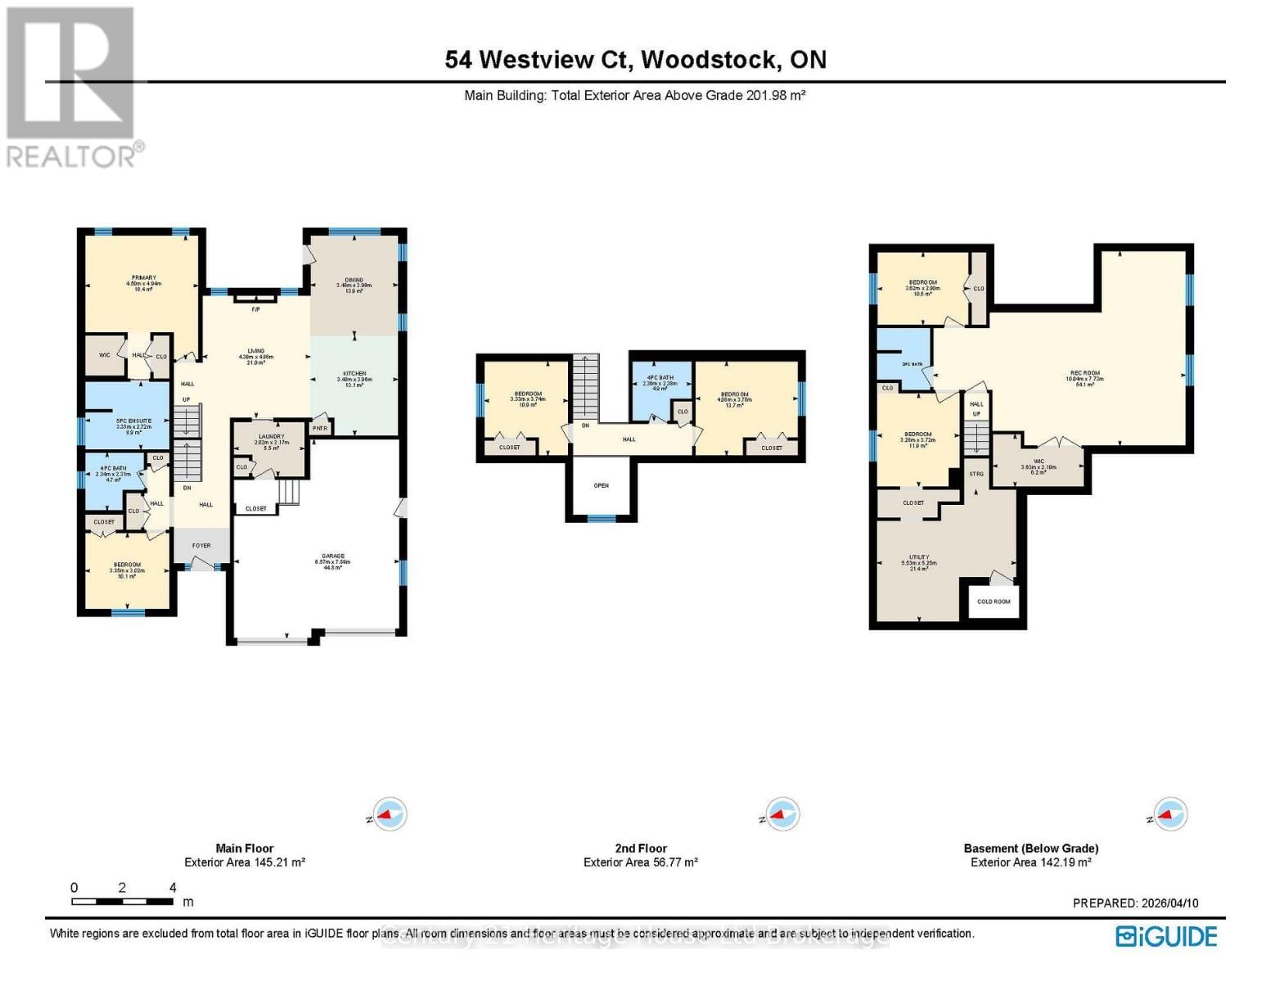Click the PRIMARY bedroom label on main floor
click(143, 278)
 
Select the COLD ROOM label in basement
click(994, 601)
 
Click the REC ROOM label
click(1084, 373)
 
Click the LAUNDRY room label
click(271, 437)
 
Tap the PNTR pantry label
click(320, 428)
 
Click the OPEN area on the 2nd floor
click(602, 485)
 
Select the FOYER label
click(201, 546)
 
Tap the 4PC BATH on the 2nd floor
click(660, 378)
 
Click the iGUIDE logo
click(1166, 936)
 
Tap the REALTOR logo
click(72, 86)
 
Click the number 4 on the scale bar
click(173, 888)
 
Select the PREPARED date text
click(1135, 903)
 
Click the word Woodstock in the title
click(709, 60)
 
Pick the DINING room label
click(354, 280)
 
